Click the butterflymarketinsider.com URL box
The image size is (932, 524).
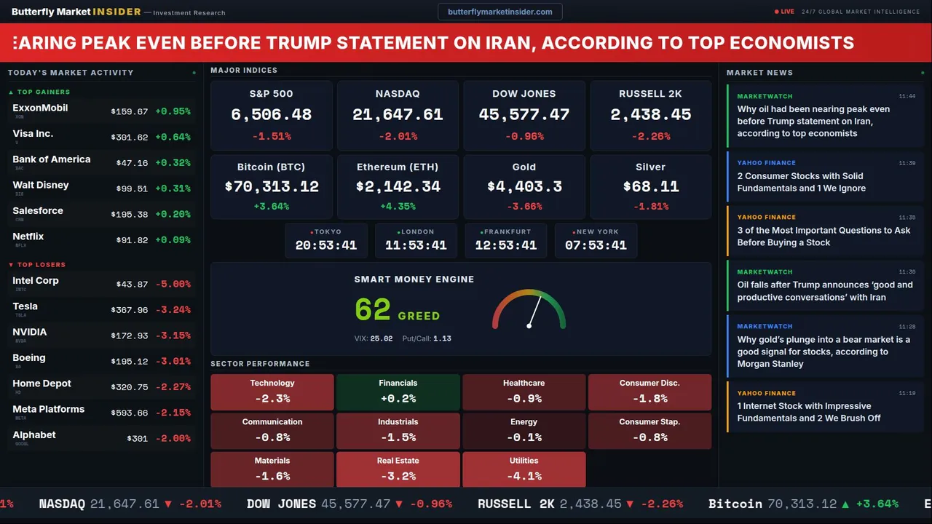(499, 12)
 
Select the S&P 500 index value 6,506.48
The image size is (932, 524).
(271, 115)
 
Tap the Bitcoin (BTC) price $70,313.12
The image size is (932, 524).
(271, 187)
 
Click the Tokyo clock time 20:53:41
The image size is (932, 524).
(325, 245)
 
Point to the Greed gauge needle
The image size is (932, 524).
(534, 311)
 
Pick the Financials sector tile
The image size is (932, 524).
(398, 392)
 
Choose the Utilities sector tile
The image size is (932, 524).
(524, 469)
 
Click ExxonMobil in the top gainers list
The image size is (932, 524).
(40, 108)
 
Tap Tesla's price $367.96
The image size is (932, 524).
(129, 310)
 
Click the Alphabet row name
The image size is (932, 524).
(34, 435)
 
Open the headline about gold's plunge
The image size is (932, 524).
(823, 352)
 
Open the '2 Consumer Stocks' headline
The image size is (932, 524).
(799, 182)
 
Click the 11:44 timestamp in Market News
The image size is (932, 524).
(907, 96)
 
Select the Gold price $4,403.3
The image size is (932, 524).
(524, 187)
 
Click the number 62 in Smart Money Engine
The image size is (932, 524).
(373, 310)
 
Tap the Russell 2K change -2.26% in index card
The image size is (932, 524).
(650, 136)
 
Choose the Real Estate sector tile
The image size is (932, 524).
(398, 469)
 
